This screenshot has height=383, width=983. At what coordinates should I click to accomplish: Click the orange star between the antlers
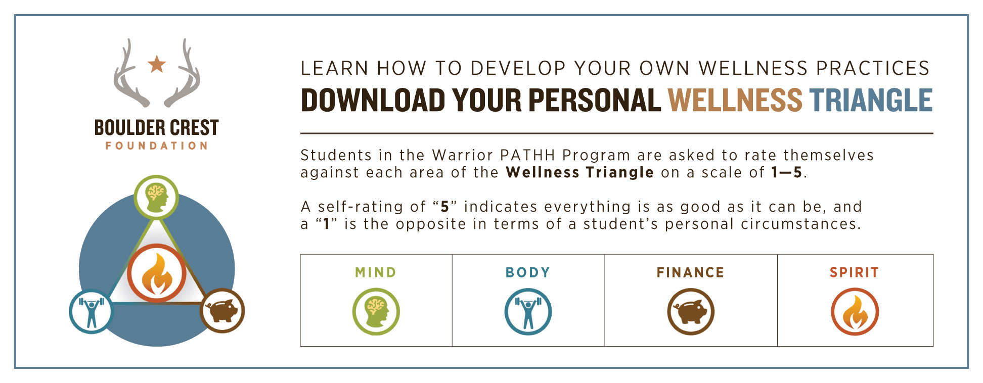(157, 64)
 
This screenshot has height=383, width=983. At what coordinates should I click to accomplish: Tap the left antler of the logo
(129, 76)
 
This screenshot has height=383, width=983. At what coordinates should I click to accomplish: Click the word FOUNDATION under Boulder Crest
(157, 146)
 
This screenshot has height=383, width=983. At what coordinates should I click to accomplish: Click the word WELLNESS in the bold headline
(735, 100)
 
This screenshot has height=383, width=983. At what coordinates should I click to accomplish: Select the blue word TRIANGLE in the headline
(871, 100)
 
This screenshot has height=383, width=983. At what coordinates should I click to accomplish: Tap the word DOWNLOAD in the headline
(373, 100)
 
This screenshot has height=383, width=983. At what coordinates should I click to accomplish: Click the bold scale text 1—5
(787, 173)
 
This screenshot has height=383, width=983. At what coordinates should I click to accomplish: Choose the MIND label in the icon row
(376, 272)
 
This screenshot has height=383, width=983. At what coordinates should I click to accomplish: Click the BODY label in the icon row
(528, 272)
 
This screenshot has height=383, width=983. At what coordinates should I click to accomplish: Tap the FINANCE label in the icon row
(690, 272)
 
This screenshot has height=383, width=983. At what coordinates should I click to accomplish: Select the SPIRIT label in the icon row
(855, 272)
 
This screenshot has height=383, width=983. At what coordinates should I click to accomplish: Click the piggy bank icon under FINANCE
(691, 312)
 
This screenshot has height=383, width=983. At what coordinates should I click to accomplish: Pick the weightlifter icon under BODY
(528, 312)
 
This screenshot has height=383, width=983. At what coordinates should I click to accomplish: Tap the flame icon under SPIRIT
(855, 312)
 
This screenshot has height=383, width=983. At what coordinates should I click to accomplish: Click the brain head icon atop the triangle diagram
(156, 197)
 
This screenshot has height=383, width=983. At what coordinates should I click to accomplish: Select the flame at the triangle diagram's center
(157, 274)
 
